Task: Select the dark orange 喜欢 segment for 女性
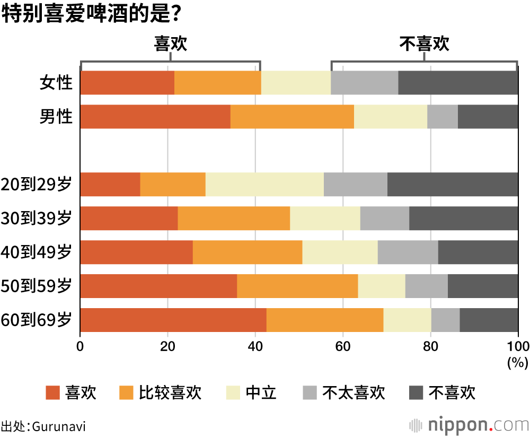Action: click(x=127, y=82)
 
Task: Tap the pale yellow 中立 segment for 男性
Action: click(x=391, y=117)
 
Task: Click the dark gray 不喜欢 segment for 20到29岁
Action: click(x=453, y=185)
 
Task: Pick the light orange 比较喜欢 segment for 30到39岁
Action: click(x=234, y=219)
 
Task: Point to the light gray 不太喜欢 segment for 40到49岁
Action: click(x=408, y=252)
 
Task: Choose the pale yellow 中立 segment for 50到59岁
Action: click(x=382, y=286)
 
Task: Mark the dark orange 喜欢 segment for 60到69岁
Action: click(x=173, y=320)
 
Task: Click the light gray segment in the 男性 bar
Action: click(x=443, y=117)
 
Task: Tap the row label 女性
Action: click(x=56, y=83)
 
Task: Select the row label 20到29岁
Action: click(x=36, y=185)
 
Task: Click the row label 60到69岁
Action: click(x=36, y=320)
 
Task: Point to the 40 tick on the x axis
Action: click(x=255, y=346)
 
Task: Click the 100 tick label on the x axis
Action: click(x=518, y=346)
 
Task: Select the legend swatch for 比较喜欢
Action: click(x=127, y=393)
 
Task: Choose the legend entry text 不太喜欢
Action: click(x=354, y=393)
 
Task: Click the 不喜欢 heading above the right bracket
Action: click(x=424, y=44)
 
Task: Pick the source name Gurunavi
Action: click(x=58, y=426)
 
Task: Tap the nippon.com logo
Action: click(x=469, y=425)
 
